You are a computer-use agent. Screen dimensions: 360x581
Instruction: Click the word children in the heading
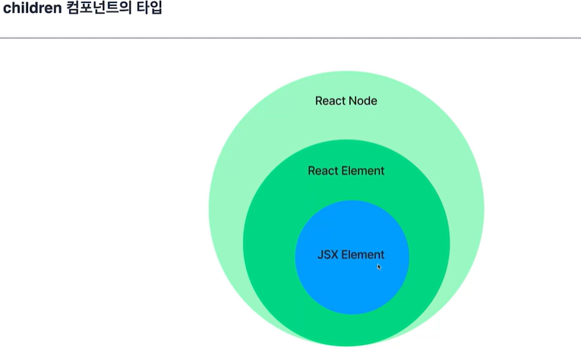point(31,9)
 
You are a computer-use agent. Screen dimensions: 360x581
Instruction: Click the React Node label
point(346,101)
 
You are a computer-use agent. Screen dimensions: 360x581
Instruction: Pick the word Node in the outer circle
point(363,101)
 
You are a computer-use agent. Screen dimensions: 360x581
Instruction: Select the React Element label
point(346,171)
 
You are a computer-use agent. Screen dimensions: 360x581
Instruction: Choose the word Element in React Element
point(363,171)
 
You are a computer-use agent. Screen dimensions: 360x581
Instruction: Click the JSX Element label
point(351,255)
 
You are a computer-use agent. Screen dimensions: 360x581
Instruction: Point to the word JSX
point(327,255)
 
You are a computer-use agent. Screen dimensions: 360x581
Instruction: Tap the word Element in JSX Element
point(363,255)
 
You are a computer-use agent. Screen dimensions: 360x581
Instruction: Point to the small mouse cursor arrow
point(380,267)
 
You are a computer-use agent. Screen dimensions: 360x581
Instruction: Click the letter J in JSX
point(320,255)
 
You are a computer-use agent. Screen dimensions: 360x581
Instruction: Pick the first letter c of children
point(7,10)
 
